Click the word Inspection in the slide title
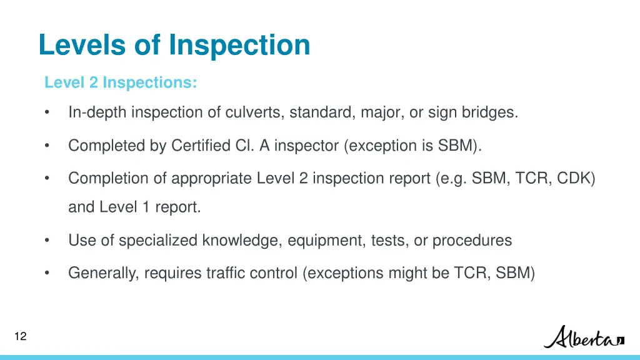click(x=239, y=45)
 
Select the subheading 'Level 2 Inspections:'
click(x=121, y=82)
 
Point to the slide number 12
click(x=20, y=337)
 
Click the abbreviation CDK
click(x=575, y=178)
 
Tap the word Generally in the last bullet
click(x=102, y=273)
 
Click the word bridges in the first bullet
click(x=489, y=113)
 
